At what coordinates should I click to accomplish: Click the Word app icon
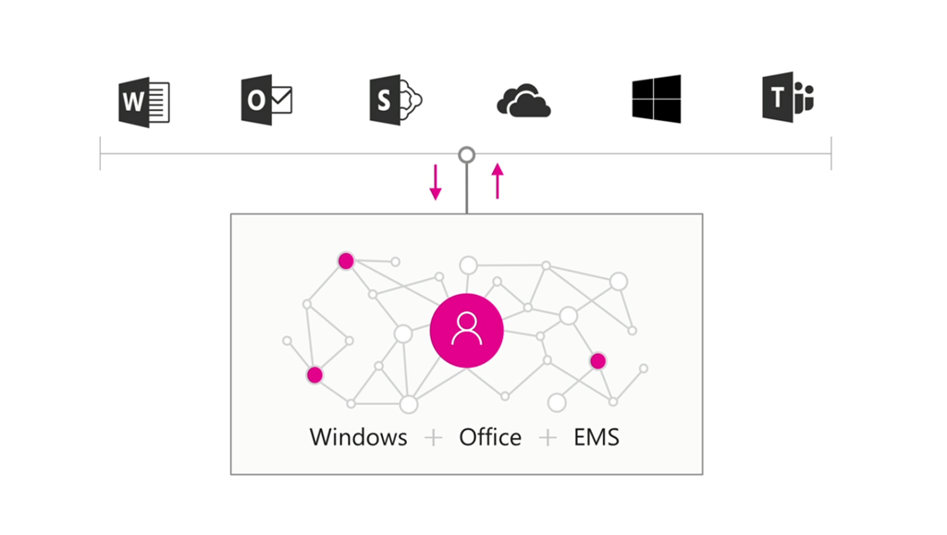(x=144, y=101)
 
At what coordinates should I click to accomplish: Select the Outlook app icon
(x=266, y=100)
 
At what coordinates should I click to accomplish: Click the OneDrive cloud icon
(x=523, y=101)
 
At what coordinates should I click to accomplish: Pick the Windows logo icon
(x=657, y=99)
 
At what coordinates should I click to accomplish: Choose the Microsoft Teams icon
(x=787, y=99)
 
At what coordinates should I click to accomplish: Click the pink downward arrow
(x=436, y=182)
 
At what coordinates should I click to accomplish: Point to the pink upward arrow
(x=498, y=181)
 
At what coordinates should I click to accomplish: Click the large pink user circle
(x=467, y=331)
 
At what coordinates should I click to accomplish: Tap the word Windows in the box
(x=358, y=437)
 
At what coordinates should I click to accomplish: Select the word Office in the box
(x=490, y=437)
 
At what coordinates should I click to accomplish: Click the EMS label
(x=596, y=437)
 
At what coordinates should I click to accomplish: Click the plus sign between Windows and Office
(x=433, y=437)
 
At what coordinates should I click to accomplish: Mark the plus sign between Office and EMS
(x=548, y=437)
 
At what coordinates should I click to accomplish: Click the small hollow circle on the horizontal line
(x=467, y=154)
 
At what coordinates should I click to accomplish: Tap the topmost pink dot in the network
(x=346, y=261)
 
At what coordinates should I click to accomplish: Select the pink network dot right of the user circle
(x=597, y=361)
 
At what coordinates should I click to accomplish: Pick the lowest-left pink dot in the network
(x=314, y=375)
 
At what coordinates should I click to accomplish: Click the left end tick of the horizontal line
(x=100, y=154)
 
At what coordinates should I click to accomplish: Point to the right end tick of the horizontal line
(x=831, y=154)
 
